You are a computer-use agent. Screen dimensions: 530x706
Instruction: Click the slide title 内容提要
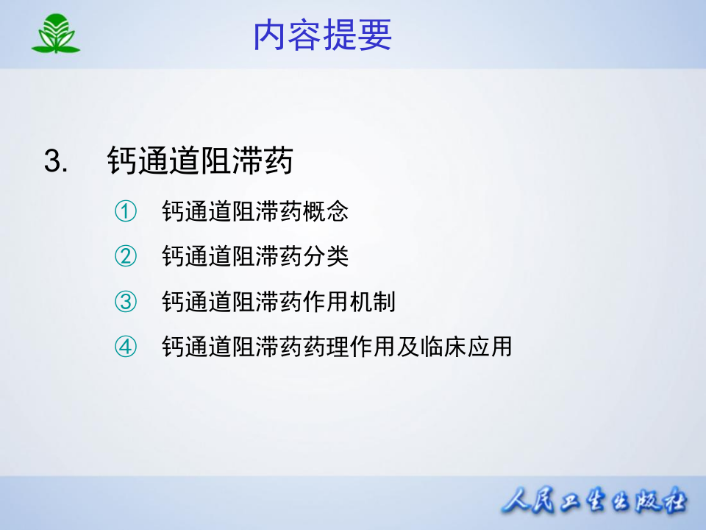[x=322, y=35]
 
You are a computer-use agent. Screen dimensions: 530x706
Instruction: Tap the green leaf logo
[x=56, y=34]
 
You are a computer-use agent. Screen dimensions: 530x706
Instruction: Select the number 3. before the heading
[x=56, y=161]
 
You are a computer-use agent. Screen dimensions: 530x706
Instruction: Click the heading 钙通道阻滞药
[x=200, y=161]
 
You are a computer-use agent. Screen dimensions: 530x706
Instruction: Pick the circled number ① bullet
[x=126, y=212]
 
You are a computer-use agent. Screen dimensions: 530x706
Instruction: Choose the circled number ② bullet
[x=126, y=256]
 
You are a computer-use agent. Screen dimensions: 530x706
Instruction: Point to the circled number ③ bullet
[x=126, y=301]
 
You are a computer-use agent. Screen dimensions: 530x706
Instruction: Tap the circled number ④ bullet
[x=126, y=346]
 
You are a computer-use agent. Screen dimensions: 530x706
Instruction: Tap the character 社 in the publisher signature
[x=671, y=503]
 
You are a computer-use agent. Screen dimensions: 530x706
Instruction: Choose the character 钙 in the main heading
[x=123, y=161]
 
